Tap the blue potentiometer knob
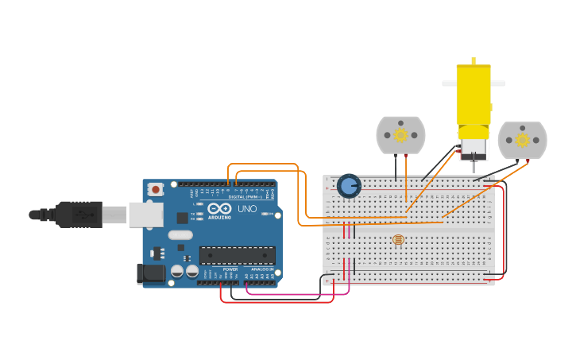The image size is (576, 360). pyautogui.click(x=349, y=186)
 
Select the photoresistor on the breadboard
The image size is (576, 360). pyautogui.click(x=398, y=239)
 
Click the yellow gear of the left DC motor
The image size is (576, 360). pyautogui.click(x=400, y=135)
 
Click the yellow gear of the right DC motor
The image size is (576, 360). pyautogui.click(x=522, y=140)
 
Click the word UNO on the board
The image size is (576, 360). pyautogui.click(x=247, y=209)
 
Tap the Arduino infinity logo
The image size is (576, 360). pyautogui.click(x=219, y=208)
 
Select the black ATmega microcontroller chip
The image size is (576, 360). pyautogui.click(x=237, y=255)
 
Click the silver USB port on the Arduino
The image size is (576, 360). pyautogui.click(x=146, y=215)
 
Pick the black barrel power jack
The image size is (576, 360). pyautogui.click(x=151, y=274)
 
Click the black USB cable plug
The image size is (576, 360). pyautogui.click(x=79, y=214)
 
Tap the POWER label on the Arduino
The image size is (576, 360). pyautogui.click(x=230, y=269)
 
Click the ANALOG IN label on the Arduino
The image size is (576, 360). pyautogui.click(x=262, y=269)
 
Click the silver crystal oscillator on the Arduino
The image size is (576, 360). pyautogui.click(x=180, y=234)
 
